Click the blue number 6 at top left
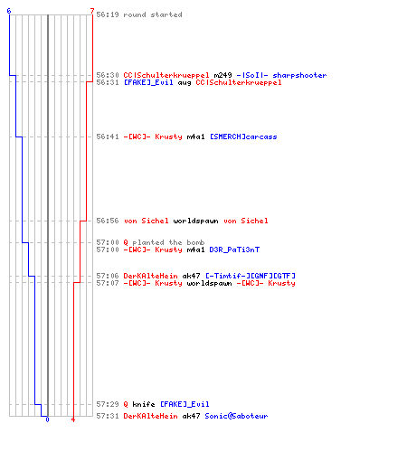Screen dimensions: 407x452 coord(9,11)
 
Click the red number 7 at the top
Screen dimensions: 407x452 coord(92,11)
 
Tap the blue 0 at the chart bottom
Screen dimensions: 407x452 coord(47,419)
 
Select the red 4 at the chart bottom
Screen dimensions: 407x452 coord(73,419)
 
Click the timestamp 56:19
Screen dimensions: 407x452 coord(108,14)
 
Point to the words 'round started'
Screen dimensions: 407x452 coord(153,14)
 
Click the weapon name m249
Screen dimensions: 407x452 coord(222,75)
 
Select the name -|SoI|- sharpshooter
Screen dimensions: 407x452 coord(281,75)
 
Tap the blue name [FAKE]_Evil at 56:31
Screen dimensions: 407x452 coord(148,82)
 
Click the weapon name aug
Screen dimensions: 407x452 coord(185,83)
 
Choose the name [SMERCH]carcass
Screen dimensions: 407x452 coord(243,137)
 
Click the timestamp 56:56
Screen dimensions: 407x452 coord(108,221)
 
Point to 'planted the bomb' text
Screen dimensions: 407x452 coord(168,242)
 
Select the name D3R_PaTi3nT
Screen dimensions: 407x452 coord(234,250)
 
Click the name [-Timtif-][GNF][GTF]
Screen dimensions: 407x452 coord(251,276)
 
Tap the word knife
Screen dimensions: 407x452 coord(144,404)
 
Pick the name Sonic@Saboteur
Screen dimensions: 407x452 coord(236,416)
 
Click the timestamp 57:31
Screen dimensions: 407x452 coord(108,416)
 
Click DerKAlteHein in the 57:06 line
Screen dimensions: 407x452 coord(150,276)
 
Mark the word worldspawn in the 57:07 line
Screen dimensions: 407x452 coord(209,283)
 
